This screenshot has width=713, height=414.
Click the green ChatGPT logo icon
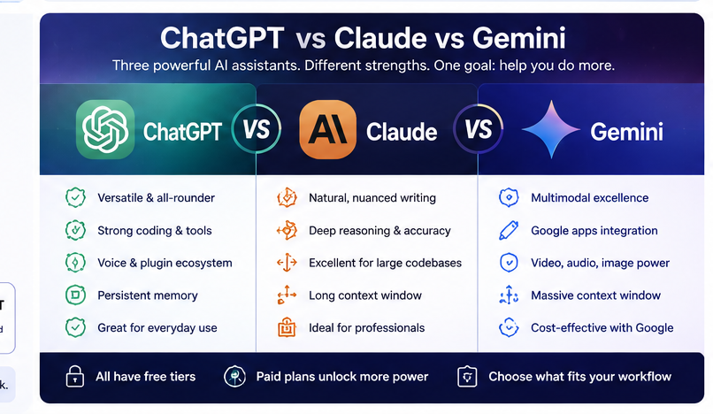click(x=105, y=129)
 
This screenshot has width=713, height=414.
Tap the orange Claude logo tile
click(x=328, y=129)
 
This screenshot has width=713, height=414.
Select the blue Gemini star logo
click(x=551, y=129)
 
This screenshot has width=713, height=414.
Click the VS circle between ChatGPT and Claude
click(x=256, y=129)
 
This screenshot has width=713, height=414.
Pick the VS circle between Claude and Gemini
click(x=479, y=129)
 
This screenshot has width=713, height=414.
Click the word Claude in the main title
click(x=380, y=38)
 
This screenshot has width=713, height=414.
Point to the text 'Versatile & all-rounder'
click(x=156, y=198)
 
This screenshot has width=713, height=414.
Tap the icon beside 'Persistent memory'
click(x=75, y=295)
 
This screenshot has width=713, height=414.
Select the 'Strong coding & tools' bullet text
click(x=155, y=231)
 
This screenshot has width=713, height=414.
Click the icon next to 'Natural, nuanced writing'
click(x=287, y=198)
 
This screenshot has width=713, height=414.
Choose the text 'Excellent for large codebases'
click(x=385, y=263)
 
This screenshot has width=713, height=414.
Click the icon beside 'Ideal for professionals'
click(x=287, y=327)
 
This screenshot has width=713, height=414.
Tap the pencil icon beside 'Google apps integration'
click(x=509, y=230)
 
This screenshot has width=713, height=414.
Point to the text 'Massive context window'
click(x=595, y=295)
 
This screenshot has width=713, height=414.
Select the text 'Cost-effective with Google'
click(x=602, y=328)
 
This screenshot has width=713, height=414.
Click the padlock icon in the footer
click(x=74, y=376)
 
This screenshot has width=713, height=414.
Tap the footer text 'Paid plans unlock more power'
click(x=342, y=377)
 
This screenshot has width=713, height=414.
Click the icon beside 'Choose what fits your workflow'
click(x=467, y=377)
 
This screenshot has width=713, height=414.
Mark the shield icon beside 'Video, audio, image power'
click(x=509, y=263)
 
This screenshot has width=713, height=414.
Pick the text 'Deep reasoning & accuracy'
click(x=379, y=231)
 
